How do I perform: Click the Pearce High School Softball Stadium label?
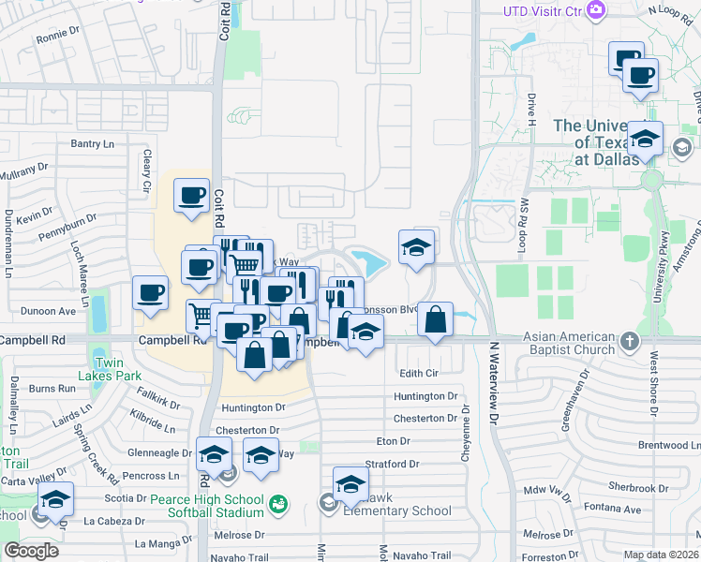(x=216, y=505)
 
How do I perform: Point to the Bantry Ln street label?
(x=92, y=143)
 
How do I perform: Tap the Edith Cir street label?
(x=419, y=373)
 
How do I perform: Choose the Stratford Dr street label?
(x=391, y=464)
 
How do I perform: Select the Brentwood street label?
(x=669, y=445)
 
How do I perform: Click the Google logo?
(x=31, y=551)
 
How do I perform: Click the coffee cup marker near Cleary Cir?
(x=192, y=197)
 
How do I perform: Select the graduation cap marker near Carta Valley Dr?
(x=55, y=500)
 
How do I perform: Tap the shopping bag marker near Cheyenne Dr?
(x=436, y=320)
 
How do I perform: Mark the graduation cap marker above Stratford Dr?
(x=350, y=484)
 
